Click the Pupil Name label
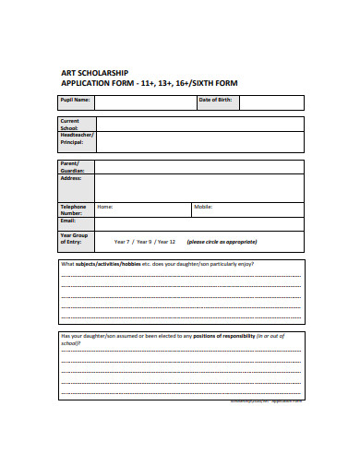tap(76, 99)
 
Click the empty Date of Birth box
tap(271, 100)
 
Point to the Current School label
tap(70, 125)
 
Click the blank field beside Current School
tap(198, 125)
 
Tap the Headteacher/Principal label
tap(77, 139)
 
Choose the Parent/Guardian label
tap(71, 166)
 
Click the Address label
tap(71, 178)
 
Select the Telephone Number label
tap(73, 210)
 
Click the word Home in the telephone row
tap(105, 207)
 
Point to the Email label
tap(68, 221)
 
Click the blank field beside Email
tap(198, 222)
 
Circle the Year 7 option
tap(122, 242)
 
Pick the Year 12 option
tap(165, 242)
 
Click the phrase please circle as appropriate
tap(222, 242)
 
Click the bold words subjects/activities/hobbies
tap(107, 264)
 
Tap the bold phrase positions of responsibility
tap(221, 335)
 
